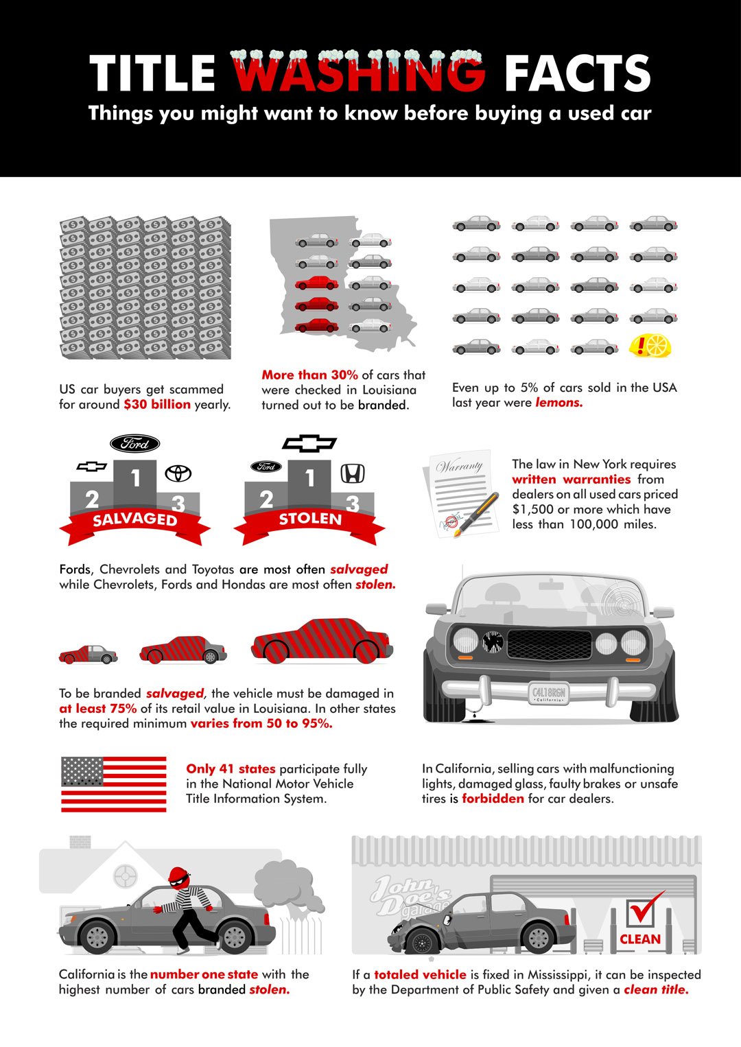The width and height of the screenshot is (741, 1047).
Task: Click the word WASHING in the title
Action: (x=358, y=73)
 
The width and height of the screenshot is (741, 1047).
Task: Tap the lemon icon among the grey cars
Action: (x=650, y=345)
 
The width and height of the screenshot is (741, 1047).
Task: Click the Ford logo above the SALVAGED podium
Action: (x=135, y=443)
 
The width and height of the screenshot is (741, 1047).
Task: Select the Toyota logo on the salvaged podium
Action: (x=178, y=473)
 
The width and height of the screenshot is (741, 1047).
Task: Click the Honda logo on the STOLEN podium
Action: (x=353, y=473)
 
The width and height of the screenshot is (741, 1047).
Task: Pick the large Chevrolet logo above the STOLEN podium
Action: (x=309, y=443)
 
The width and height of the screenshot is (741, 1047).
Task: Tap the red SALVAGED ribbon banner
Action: (x=134, y=519)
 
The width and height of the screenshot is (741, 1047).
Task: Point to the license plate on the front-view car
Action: (x=549, y=693)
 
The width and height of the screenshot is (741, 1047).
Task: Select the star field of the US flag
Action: (x=82, y=772)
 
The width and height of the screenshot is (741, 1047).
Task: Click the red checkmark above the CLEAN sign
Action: (x=644, y=909)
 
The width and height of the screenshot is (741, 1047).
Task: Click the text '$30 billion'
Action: (x=157, y=404)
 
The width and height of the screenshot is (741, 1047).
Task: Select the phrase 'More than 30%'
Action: (x=309, y=375)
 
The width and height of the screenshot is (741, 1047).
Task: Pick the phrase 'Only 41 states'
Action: (x=231, y=768)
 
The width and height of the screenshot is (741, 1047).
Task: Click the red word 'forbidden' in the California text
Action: (x=493, y=799)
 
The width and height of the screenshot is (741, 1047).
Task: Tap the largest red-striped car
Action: (x=322, y=641)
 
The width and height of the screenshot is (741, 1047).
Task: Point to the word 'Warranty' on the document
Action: (x=460, y=466)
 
